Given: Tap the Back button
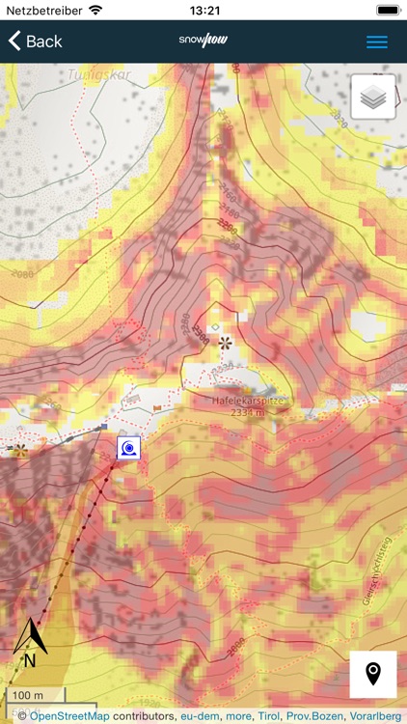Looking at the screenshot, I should (x=36, y=42).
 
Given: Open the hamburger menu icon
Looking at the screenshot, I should (x=377, y=42).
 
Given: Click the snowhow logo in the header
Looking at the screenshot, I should (x=203, y=41).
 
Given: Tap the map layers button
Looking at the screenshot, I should (x=372, y=97).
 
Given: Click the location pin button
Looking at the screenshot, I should (x=372, y=674).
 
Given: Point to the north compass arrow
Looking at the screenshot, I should (x=30, y=642).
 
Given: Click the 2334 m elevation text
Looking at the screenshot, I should (x=250, y=412).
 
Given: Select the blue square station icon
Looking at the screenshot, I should (x=128, y=447).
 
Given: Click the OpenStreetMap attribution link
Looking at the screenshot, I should (x=70, y=716).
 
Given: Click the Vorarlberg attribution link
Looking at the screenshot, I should (x=376, y=716).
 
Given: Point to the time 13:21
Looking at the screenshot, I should (x=204, y=11).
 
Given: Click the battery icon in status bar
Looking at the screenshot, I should (x=387, y=11).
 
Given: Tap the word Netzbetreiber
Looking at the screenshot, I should (x=43, y=11).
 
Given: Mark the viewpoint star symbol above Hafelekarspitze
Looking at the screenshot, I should (x=225, y=343).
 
